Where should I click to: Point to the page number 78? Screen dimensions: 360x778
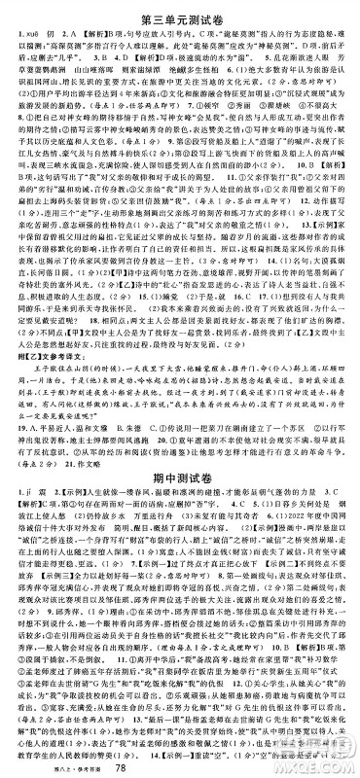pos(177,765)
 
